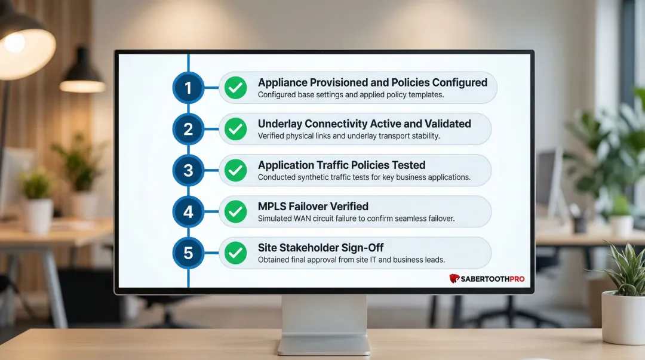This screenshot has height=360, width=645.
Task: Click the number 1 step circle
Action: click(188, 88)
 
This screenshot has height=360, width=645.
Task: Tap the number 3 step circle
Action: click(188, 171)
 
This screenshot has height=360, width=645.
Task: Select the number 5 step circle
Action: click(188, 253)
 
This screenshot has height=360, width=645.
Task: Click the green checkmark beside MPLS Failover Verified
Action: click(235, 212)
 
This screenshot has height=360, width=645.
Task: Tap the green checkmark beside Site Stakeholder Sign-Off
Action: click(235, 253)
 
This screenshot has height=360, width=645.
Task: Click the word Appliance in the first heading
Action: click(283, 82)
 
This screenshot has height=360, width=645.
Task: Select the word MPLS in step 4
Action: click(272, 206)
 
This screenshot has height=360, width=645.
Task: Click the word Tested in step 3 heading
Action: click(408, 165)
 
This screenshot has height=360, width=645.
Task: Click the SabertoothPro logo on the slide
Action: click(487, 278)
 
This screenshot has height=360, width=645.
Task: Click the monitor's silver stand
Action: click(324, 322)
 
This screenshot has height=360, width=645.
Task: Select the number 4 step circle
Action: click(188, 212)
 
